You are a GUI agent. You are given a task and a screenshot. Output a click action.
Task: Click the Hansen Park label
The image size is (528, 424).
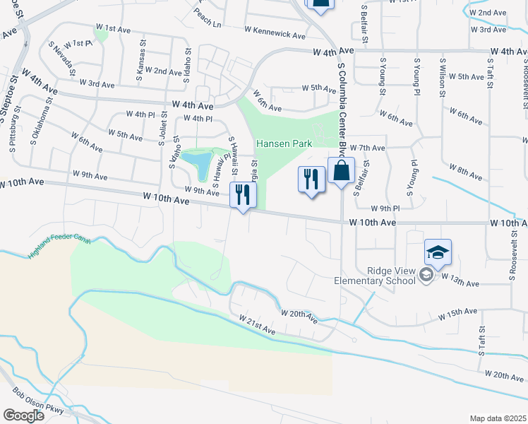[284, 143]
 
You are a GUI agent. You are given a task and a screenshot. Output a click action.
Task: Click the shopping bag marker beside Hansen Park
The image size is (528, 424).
[341, 172]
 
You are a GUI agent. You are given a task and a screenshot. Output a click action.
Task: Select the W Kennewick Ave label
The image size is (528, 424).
[275, 33]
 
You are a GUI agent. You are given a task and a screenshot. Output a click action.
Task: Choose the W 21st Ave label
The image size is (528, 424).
[256, 326]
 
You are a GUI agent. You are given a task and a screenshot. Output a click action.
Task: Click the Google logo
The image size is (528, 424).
[23, 415]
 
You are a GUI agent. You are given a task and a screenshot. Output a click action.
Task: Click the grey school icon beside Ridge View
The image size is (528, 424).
[426, 274]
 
